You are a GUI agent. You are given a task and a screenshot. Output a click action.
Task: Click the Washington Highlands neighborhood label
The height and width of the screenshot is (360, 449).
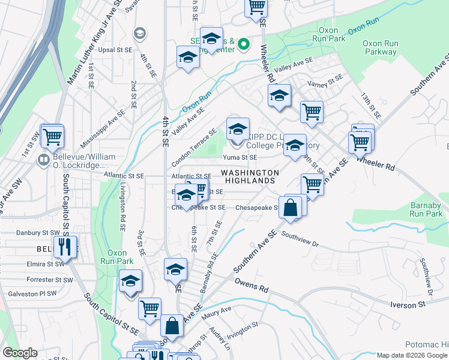(250, 176)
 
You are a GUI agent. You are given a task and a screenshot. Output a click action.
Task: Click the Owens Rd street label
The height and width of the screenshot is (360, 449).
(251, 286)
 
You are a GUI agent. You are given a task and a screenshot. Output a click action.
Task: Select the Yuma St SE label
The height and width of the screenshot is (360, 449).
(240, 157)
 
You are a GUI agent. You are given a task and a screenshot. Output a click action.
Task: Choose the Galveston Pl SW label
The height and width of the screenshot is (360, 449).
(32, 294)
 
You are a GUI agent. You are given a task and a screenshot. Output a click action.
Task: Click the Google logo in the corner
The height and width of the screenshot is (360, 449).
(20, 352)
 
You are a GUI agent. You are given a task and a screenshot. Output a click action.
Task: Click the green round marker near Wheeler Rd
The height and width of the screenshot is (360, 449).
(244, 44)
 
